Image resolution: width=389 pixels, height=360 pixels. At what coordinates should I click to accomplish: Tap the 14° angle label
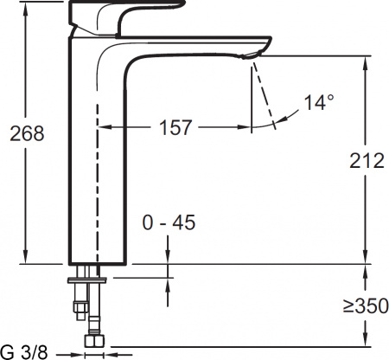(317, 103)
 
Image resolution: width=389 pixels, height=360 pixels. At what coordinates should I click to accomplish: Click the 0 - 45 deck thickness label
(169, 223)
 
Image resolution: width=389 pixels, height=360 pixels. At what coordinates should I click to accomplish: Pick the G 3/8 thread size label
(26, 351)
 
